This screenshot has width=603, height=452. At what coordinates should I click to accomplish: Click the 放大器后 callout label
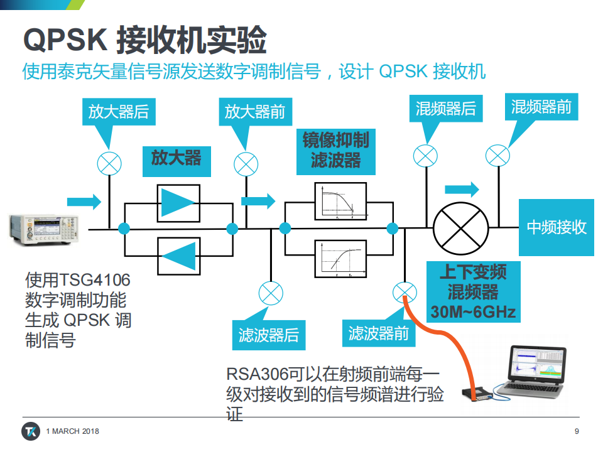[x=119, y=112]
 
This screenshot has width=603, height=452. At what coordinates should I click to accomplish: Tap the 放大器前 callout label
[x=256, y=112]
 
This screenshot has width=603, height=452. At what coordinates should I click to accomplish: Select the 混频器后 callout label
[x=446, y=109]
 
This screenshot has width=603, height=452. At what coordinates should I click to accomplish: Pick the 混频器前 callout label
[x=541, y=107]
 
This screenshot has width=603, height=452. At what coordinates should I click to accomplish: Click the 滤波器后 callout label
[x=269, y=335]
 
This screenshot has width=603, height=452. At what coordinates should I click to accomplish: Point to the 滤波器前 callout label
[x=379, y=333]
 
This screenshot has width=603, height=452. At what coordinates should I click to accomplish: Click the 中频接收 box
[x=557, y=227]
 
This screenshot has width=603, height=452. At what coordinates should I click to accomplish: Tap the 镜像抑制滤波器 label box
[x=335, y=152]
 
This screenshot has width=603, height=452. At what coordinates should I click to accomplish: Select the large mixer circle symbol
[x=460, y=229]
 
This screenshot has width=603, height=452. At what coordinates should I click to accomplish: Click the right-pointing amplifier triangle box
[x=178, y=203]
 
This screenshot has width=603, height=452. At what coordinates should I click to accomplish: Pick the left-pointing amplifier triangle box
[x=179, y=256]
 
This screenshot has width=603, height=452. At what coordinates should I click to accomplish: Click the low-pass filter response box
[x=340, y=202]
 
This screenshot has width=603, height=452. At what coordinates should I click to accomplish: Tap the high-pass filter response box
[x=340, y=259]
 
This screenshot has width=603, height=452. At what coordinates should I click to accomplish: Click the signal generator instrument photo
[x=44, y=230]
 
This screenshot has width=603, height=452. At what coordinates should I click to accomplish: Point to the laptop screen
[x=538, y=363]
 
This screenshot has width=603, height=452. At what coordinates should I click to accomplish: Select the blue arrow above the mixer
[x=462, y=189]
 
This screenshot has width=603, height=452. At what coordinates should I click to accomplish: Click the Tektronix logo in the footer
[x=31, y=431]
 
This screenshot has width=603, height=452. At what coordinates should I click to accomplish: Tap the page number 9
[x=577, y=431]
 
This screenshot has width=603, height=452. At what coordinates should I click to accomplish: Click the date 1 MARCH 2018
[x=72, y=431]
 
